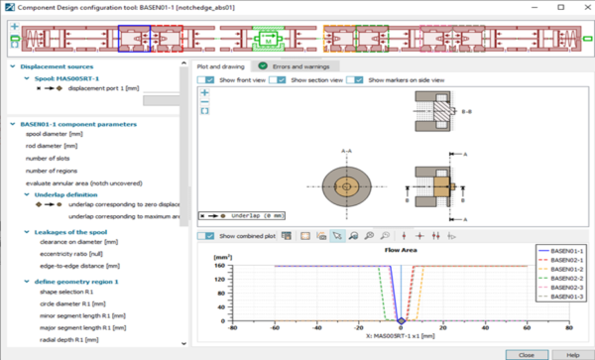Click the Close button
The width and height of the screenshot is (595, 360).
click(521, 353)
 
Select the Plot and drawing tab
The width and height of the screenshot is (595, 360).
click(223, 65)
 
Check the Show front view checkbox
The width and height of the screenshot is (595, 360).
click(206, 79)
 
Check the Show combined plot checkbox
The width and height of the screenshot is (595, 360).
click(206, 236)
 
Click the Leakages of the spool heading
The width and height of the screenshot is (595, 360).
click(72, 230)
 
